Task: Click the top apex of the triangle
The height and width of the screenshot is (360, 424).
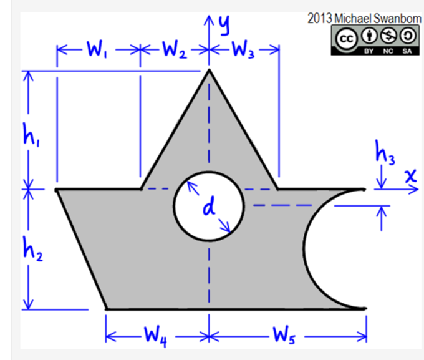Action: click(x=209, y=70)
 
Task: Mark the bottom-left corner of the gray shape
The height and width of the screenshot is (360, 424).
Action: click(x=106, y=309)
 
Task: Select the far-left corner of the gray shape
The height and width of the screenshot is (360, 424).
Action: click(x=56, y=189)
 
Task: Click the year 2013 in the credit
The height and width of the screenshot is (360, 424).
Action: click(x=320, y=18)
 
